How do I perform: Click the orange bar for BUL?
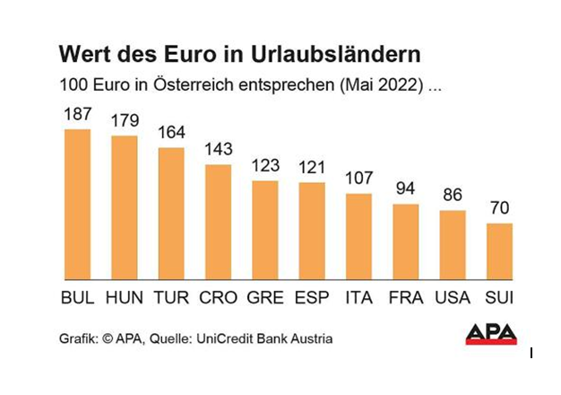coord(78,205)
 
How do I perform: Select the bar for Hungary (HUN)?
coord(125,208)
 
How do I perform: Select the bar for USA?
coord(453,246)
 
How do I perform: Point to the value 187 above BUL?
coord(78,115)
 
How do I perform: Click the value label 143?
coord(218,150)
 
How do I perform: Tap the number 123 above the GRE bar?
coord(265,166)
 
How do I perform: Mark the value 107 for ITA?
coord(358,179)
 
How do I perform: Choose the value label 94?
coord(406,189)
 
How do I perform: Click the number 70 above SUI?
coord(499,209)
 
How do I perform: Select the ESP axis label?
coord(312,297)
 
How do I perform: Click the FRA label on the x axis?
coord(406,297)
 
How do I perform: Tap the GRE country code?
coord(265,297)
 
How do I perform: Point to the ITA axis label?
coord(358,297)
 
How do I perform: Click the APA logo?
coord(491,334)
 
